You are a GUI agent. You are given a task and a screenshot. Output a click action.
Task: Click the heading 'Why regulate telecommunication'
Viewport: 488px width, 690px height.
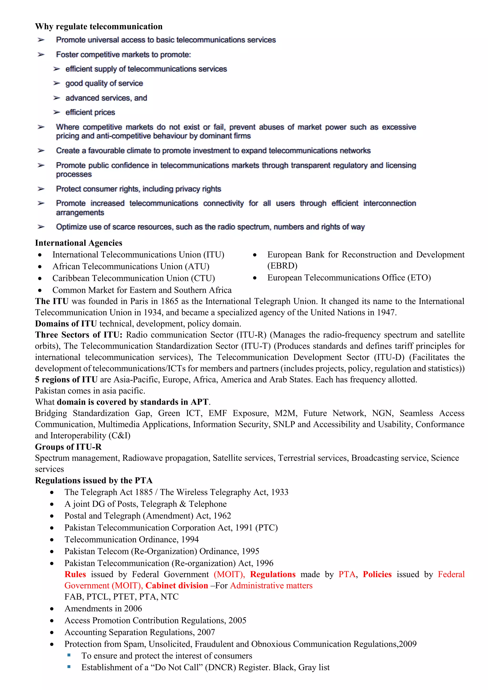99,26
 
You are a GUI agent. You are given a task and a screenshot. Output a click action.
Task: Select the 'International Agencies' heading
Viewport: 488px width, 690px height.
78,243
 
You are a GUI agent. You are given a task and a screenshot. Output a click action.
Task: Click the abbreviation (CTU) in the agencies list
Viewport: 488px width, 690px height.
203,278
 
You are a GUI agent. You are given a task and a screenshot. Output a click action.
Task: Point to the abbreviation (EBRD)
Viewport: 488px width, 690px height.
282,266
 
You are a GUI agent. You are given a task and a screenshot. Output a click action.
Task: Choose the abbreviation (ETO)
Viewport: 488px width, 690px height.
419,278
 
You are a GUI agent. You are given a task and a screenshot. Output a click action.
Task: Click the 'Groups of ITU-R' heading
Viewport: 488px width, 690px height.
68,447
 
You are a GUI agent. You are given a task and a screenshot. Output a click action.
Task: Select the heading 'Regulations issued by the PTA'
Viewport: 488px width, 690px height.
94,481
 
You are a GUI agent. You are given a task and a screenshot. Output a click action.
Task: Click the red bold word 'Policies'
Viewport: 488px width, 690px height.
377,574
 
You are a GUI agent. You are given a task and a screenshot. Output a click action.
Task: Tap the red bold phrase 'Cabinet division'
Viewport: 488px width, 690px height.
177,585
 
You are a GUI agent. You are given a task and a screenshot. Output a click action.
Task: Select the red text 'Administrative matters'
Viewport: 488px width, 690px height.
271,585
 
